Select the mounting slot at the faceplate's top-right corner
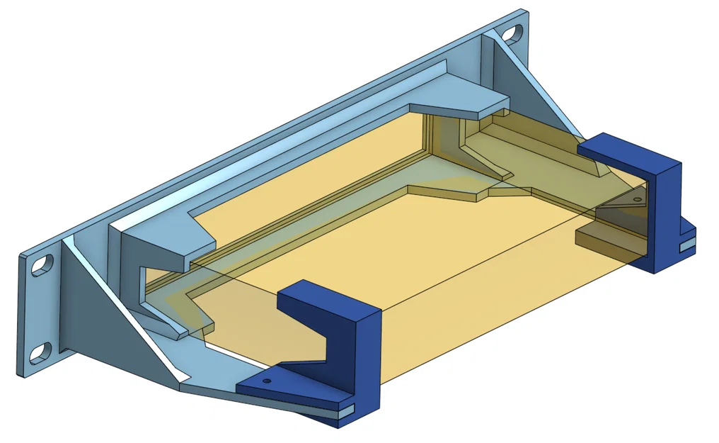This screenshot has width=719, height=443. pyautogui.click(x=512, y=33)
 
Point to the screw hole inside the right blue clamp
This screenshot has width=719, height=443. pyautogui.click(x=637, y=201)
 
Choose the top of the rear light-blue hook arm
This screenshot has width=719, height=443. pyautogui.click(x=460, y=92)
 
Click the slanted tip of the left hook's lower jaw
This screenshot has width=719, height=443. pyautogui.click(x=176, y=330)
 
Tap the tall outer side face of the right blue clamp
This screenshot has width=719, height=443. pyautogui.click(x=666, y=213)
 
